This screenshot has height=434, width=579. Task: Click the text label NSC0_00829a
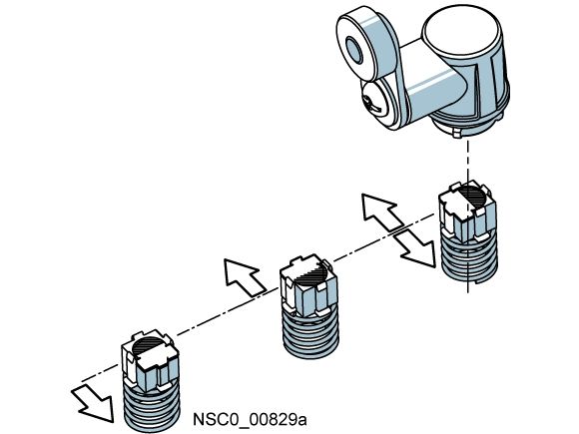click(250, 420)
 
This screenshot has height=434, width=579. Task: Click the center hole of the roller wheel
click(354, 51)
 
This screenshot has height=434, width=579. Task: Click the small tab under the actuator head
click(457, 134)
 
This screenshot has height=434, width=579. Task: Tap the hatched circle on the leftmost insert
click(148, 346)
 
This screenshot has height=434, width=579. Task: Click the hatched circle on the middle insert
click(310, 273)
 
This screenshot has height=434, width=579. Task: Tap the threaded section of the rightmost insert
click(470, 257)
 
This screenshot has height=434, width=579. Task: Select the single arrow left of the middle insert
click(245, 276)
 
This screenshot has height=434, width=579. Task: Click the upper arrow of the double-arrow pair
click(381, 213)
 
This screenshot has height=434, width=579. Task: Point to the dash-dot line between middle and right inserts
click(384, 238)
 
